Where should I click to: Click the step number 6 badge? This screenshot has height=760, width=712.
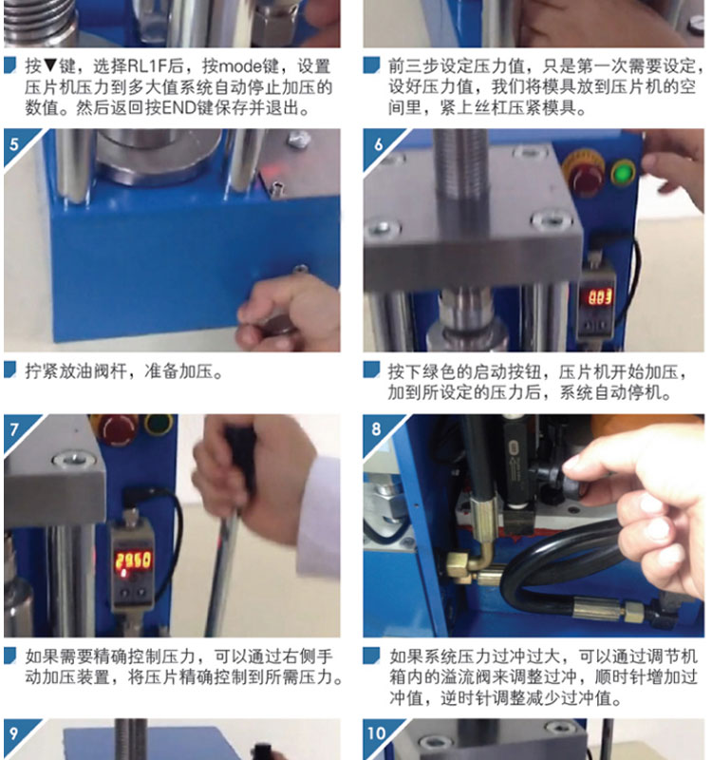[x=378, y=144]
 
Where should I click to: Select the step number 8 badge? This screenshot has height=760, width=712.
[x=377, y=429]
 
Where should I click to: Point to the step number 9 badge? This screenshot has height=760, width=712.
[x=14, y=732]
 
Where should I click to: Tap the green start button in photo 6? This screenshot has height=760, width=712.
[x=623, y=173]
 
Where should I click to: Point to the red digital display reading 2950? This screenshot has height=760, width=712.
[x=133, y=560]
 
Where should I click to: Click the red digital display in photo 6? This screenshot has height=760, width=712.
[x=600, y=297]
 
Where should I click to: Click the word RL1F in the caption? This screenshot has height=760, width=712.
[x=146, y=66]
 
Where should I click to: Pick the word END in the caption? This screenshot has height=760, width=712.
[x=178, y=107]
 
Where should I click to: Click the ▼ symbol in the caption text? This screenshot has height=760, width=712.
[x=50, y=66]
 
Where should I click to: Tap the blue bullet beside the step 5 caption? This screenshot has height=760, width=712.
[x=10, y=370]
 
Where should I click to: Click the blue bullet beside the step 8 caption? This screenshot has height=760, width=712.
[x=371, y=655]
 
